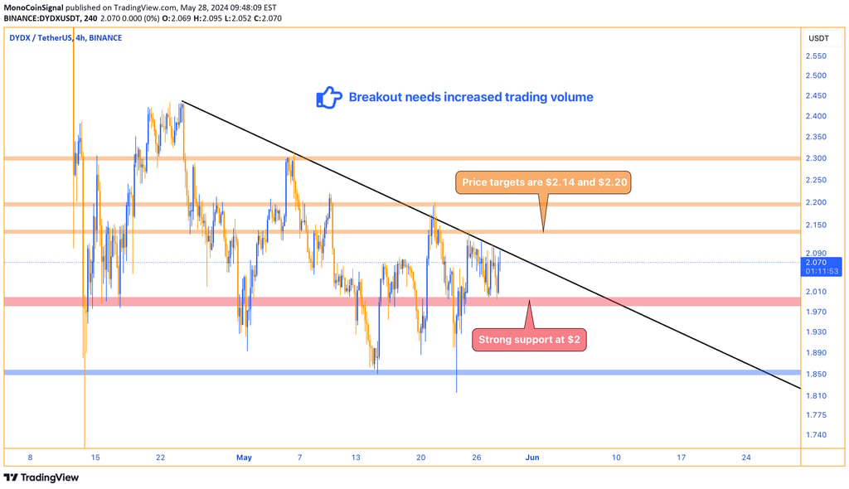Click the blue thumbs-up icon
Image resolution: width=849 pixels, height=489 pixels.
[x=329, y=98]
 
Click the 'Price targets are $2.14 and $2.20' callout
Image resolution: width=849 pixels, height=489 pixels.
[x=543, y=182]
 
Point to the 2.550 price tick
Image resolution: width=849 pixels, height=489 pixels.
[x=815, y=56]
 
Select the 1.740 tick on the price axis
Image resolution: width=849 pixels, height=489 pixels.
[x=815, y=435]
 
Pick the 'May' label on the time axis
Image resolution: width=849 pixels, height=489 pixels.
[x=244, y=457]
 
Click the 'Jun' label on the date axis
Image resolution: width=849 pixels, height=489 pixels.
[x=532, y=457]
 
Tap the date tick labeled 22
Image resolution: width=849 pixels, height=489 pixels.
[x=160, y=457]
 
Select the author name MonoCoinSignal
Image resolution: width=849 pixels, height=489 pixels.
[x=37, y=6]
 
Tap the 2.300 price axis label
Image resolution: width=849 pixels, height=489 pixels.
[x=815, y=158]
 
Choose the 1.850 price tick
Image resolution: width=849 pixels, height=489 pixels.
[x=815, y=374]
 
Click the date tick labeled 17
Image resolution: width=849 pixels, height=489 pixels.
[x=681, y=457]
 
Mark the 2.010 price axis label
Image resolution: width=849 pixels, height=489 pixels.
[x=815, y=291]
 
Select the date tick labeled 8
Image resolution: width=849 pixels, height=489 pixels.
[x=30, y=457]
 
